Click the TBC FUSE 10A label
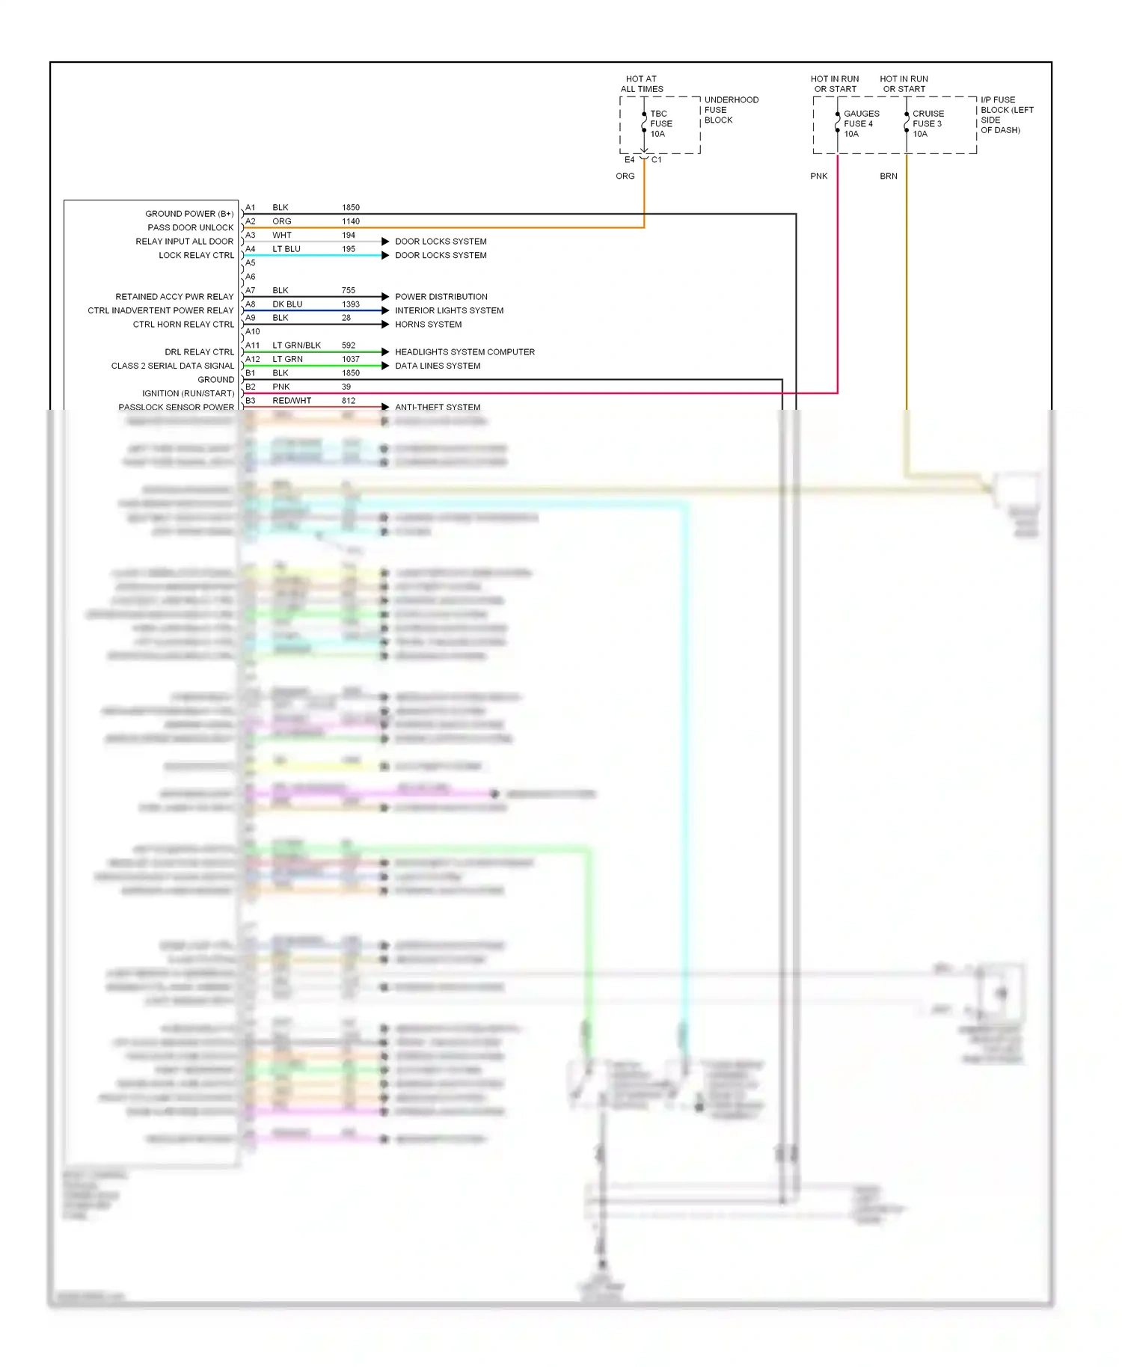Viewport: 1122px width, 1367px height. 660,124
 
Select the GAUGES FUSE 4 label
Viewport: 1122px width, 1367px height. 861,124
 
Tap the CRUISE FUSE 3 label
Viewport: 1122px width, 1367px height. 928,124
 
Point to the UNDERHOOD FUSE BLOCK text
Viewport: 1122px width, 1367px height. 731,110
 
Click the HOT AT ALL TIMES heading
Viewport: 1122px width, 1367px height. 642,84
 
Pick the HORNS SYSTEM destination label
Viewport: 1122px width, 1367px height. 428,325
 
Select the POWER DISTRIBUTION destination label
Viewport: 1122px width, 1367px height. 441,297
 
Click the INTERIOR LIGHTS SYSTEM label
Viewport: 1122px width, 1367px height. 449,310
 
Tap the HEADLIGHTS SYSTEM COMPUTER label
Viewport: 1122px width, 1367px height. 465,352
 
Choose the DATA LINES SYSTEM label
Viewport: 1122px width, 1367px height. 438,366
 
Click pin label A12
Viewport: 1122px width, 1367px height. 253,360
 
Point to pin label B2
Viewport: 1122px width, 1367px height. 251,387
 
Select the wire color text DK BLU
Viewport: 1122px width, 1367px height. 287,304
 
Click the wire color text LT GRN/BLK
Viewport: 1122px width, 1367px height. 296,345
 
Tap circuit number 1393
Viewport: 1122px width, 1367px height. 351,304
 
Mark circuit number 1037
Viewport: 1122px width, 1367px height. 351,360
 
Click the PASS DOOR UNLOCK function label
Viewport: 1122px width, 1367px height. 190,228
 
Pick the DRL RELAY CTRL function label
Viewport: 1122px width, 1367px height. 199,352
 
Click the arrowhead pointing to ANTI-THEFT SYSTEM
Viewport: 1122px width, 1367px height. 385,407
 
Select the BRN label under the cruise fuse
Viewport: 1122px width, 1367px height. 888,176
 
